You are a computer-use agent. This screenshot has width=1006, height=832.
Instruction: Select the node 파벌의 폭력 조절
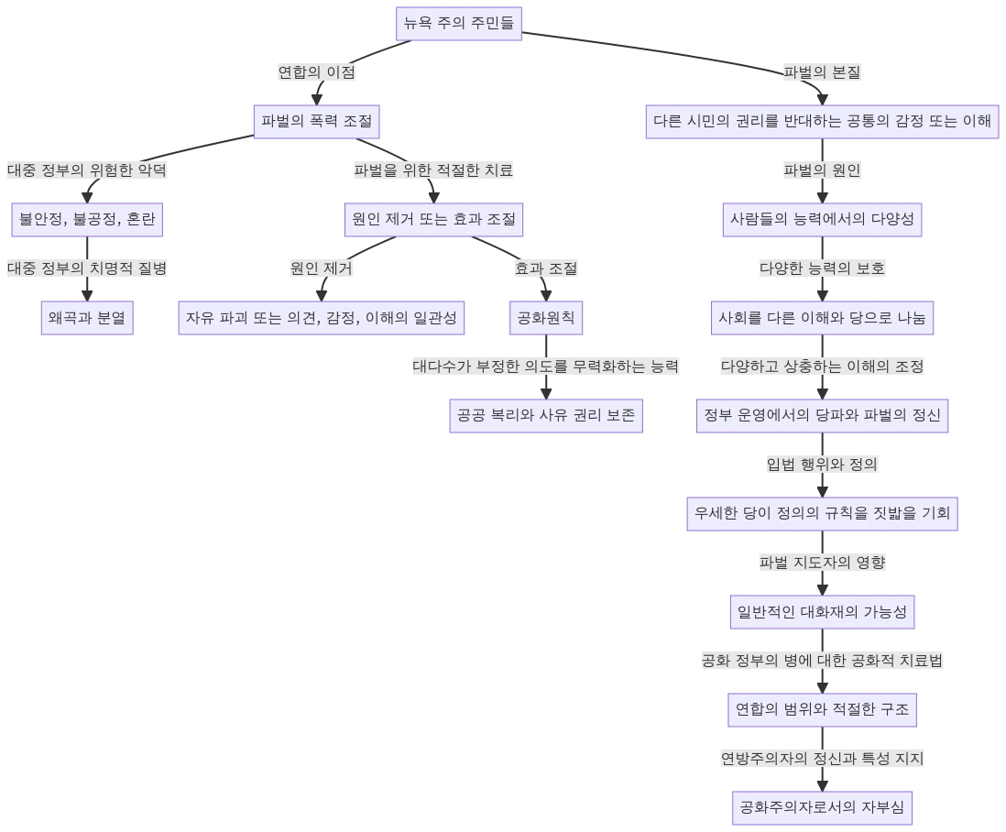[x=316, y=121]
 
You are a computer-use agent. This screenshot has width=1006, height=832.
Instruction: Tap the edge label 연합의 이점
[x=317, y=71]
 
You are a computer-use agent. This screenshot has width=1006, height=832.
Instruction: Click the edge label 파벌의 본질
[x=821, y=71]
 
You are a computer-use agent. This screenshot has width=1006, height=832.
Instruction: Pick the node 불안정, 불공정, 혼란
[x=88, y=220]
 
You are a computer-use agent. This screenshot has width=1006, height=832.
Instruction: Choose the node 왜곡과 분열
[x=88, y=318]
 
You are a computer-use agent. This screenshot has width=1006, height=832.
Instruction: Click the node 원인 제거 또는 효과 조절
[x=434, y=220]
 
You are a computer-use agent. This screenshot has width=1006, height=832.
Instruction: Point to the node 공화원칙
[x=546, y=318]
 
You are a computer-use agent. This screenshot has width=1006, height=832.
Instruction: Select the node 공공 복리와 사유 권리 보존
[x=546, y=416]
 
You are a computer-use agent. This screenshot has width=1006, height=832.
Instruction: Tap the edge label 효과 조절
[x=546, y=268]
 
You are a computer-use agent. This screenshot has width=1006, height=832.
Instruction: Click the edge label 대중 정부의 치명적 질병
[x=88, y=268]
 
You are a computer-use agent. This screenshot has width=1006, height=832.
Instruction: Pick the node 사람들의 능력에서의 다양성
[x=821, y=220]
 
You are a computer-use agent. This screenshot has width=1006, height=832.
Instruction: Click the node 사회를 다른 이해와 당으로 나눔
[x=821, y=318]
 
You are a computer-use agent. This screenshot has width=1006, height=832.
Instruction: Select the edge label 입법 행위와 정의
[x=821, y=465]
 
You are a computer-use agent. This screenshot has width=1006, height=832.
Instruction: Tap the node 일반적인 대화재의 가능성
[x=821, y=612]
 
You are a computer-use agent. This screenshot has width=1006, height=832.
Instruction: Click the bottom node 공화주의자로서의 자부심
[x=821, y=807]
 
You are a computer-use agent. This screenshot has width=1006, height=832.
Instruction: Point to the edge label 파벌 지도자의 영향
[x=821, y=563]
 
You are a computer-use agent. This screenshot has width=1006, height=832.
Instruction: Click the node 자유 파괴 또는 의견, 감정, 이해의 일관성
[x=322, y=318]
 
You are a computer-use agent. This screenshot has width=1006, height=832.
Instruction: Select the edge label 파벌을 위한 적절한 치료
[x=434, y=170]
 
